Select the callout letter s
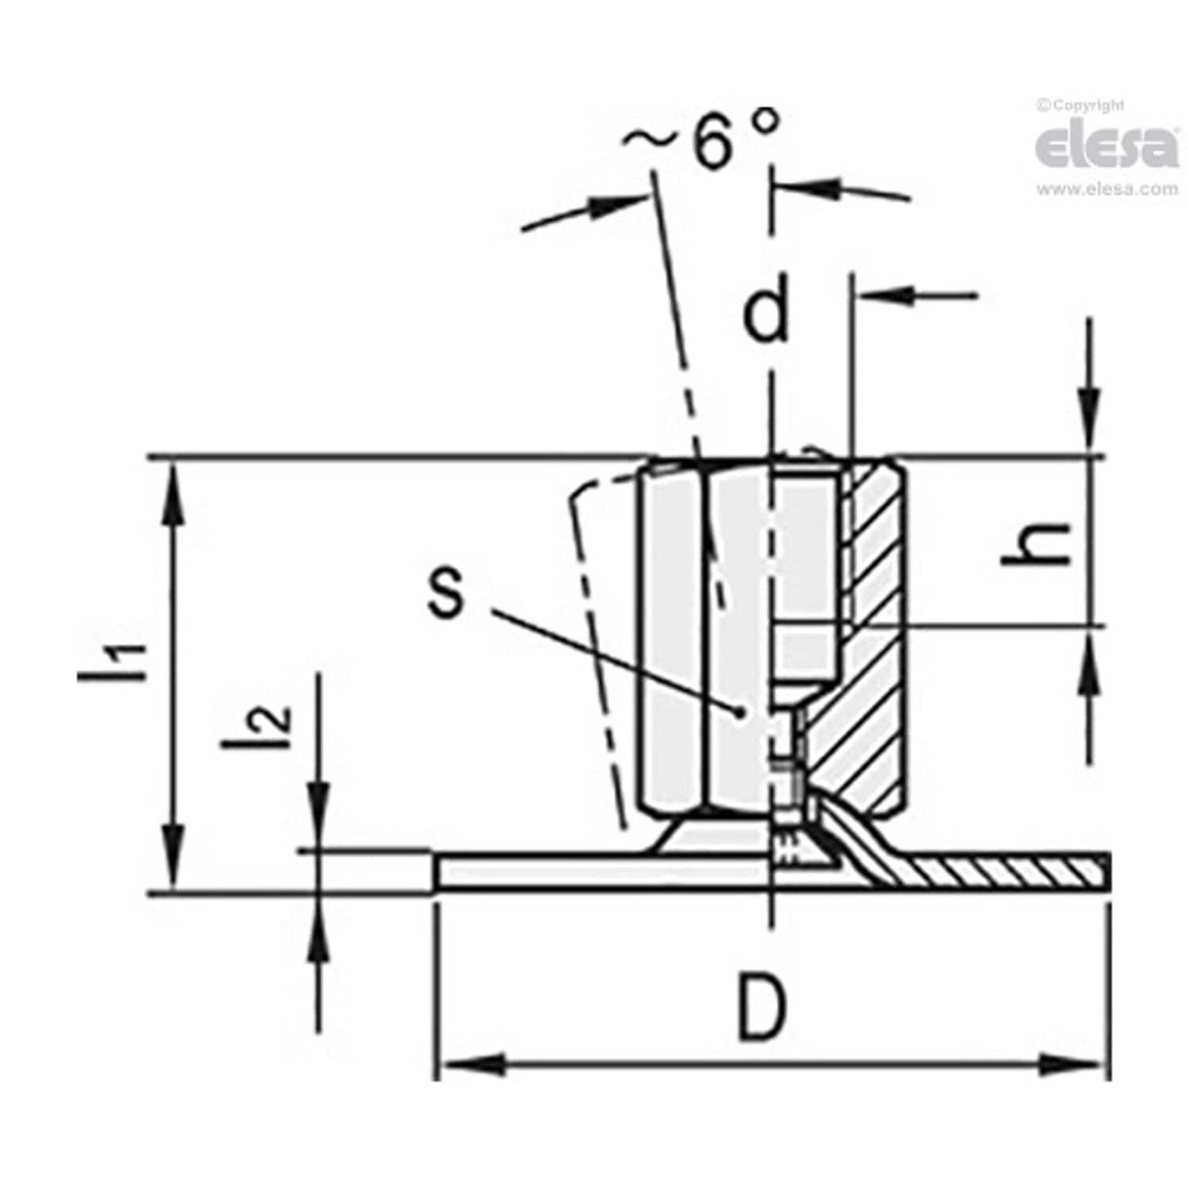[x=445, y=592]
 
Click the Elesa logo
[x=1106, y=147]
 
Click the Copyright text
[x=1082, y=105]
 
